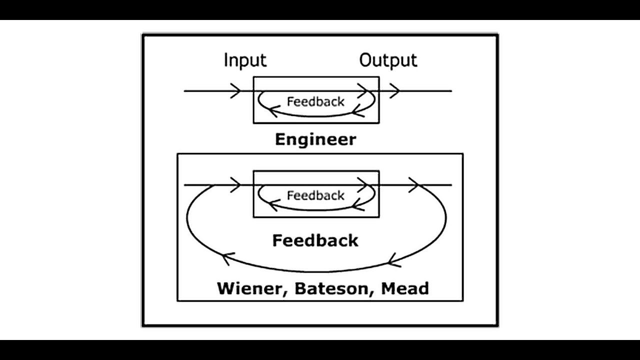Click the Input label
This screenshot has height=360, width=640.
pyautogui.click(x=245, y=60)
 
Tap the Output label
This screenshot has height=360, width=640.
pyautogui.click(x=388, y=60)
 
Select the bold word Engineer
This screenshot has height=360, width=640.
pyautogui.click(x=315, y=139)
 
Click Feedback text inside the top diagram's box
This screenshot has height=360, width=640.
pyautogui.click(x=315, y=101)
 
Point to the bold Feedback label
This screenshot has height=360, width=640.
pyautogui.click(x=315, y=240)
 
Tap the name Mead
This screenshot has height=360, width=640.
pyautogui.click(x=404, y=288)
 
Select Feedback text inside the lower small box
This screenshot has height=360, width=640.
pyautogui.click(x=315, y=195)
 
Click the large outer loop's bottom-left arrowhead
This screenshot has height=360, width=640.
pyautogui.click(x=226, y=258)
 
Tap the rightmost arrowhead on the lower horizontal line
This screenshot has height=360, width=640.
pyautogui.click(x=413, y=185)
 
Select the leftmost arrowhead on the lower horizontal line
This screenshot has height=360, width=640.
pyautogui.click(x=235, y=185)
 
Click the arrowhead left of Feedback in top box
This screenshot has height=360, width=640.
pyautogui.click(x=272, y=111)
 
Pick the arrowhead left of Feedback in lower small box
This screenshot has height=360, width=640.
pyautogui.click(x=272, y=204)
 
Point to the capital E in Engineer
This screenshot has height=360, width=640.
pyautogui.click(x=281, y=139)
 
